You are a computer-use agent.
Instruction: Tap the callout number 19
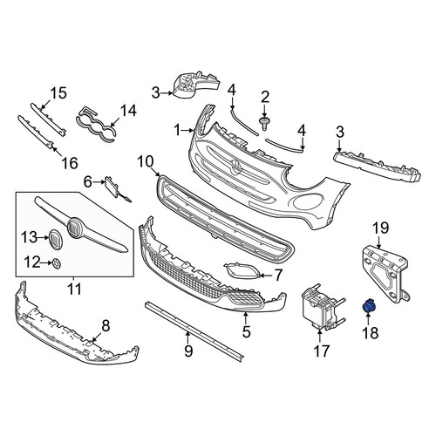click(x=381, y=228)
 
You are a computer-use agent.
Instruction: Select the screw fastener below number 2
click(x=264, y=124)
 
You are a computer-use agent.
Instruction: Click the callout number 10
click(x=145, y=161)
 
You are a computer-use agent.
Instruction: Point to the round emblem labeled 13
click(x=55, y=239)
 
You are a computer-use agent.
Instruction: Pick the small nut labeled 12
click(x=57, y=263)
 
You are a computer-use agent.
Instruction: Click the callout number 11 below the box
click(x=74, y=289)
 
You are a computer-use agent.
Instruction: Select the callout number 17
click(x=321, y=351)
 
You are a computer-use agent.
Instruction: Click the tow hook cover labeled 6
click(x=114, y=187)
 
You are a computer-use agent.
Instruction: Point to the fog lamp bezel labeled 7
click(x=241, y=270)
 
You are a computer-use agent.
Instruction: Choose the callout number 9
click(x=188, y=351)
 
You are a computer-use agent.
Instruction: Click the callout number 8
click(x=106, y=325)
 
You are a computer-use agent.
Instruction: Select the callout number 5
click(x=246, y=331)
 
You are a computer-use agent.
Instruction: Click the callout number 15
click(x=58, y=93)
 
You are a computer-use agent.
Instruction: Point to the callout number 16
click(x=70, y=163)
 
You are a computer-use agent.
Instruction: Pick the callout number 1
click(x=178, y=130)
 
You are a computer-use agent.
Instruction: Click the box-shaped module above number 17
click(x=322, y=308)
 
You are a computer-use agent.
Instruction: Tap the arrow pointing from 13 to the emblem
click(x=43, y=238)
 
